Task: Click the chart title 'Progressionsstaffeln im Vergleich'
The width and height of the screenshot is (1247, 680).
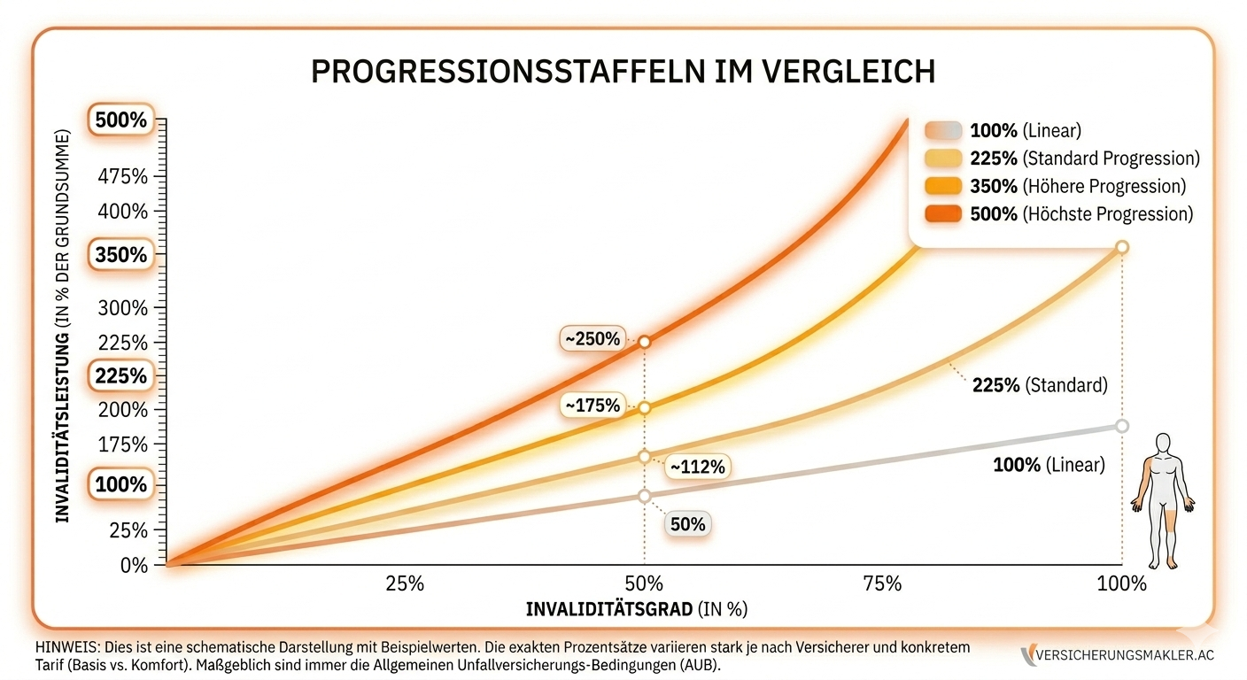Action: coord(623,72)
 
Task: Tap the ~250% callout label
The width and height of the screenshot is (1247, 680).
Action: coord(593,339)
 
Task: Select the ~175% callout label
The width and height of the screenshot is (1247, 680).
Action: coord(593,406)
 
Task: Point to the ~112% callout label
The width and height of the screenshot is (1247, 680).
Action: coord(697,467)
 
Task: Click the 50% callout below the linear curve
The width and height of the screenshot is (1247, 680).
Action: coord(688,524)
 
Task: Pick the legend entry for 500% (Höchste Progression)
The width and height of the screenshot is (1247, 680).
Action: coord(1059,213)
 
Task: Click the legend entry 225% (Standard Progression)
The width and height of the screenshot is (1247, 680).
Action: coord(1062,158)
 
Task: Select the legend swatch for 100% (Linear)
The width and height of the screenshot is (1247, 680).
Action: coord(943,131)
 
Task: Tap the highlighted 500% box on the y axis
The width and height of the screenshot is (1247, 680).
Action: coord(120,120)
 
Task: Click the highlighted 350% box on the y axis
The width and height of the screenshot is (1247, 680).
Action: coord(120,255)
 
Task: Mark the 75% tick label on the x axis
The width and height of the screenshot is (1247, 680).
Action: coord(882,583)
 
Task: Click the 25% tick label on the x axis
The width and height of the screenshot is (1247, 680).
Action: coord(405,583)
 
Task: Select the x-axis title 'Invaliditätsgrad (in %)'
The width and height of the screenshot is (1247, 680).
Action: coord(637,609)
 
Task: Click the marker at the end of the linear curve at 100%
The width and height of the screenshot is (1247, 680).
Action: coord(1122,426)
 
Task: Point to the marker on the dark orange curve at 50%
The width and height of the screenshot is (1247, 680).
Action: coord(644,342)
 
